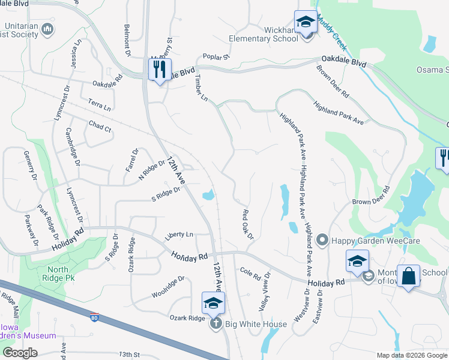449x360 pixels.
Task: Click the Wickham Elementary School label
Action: (264, 34)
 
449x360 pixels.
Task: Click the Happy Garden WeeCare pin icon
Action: (322, 241)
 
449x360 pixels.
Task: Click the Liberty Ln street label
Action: (181, 234)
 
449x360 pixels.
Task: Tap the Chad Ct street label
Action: (100, 128)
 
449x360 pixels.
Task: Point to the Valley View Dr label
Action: (264, 290)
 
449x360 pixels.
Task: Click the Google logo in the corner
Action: (20, 352)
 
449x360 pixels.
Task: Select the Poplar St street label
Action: (217, 57)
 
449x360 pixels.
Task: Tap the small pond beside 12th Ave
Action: (209, 195)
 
